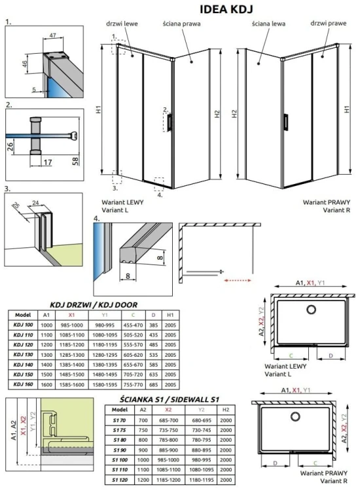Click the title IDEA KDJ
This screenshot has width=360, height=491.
pyautogui.click(x=222, y=8)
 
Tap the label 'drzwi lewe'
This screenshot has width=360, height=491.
pyautogui.click(x=117, y=24)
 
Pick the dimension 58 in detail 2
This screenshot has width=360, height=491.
pyautogui.click(x=77, y=161)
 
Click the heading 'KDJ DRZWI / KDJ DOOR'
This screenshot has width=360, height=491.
pyautogui.click(x=96, y=304)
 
